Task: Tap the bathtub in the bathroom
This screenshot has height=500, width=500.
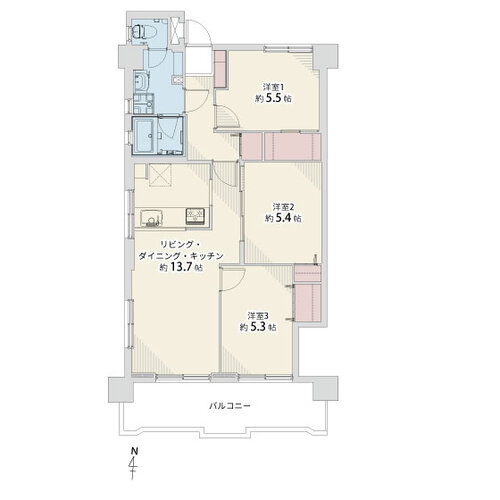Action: [144, 136]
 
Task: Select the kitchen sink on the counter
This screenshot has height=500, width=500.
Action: [151, 217]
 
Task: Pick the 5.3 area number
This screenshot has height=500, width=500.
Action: [259, 327]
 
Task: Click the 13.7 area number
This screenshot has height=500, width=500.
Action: [182, 267]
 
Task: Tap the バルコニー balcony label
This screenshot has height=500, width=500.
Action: [229, 406]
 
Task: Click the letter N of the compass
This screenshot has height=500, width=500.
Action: [134, 452]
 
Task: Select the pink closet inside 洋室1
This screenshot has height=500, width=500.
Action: [220, 69]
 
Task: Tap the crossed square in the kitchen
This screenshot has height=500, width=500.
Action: [160, 175]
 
